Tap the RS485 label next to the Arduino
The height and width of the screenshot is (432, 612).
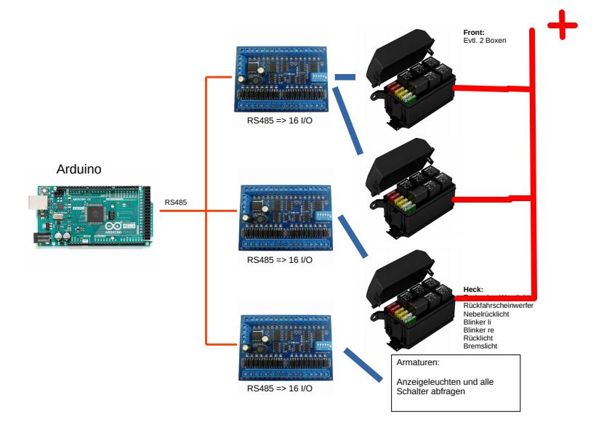point(176,203)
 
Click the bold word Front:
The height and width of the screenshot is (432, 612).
point(473,32)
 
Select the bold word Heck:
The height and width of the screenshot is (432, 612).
point(473,290)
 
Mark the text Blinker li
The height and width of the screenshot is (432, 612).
point(478,322)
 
